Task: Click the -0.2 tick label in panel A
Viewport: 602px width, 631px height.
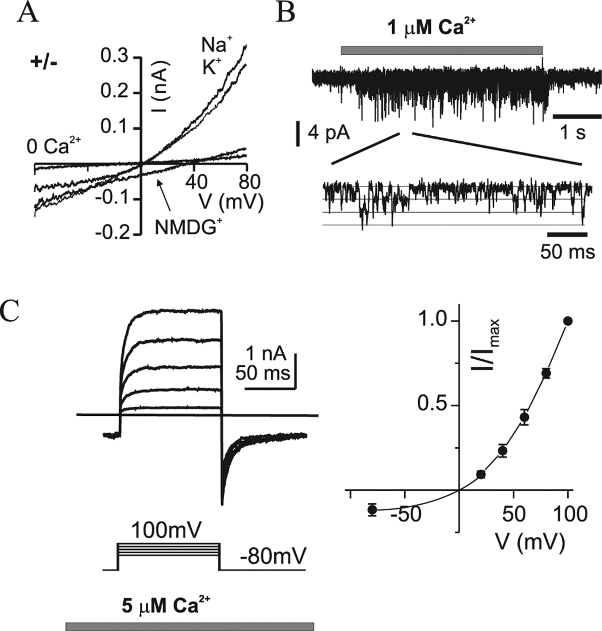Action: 113,232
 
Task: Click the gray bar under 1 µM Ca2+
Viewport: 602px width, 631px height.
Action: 442,50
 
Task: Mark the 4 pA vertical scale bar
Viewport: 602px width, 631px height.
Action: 298,133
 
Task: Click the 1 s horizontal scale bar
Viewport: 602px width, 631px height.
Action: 577,116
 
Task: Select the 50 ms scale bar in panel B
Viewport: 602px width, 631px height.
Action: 567,234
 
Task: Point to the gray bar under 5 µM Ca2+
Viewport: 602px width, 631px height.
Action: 189,626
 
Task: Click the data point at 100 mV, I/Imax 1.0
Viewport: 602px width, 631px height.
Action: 568,320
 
